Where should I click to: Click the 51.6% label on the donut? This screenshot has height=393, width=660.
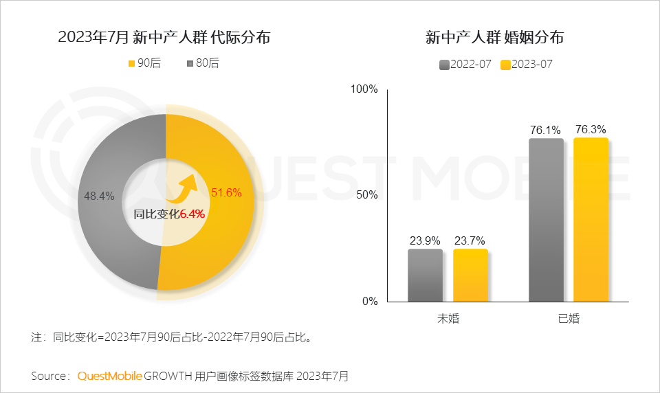(226, 192)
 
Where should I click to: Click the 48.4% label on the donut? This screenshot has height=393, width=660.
(99, 196)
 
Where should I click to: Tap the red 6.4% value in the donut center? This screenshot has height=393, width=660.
(192, 214)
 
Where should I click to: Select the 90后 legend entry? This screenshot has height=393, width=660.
(144, 63)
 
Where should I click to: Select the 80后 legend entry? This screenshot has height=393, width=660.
(203, 63)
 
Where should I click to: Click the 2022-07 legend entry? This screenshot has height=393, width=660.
(465, 65)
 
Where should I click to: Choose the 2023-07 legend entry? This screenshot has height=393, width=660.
(527, 65)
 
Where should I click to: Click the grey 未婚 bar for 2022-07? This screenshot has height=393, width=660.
(425, 276)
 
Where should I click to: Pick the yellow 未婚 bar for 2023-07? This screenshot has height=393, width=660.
(470, 276)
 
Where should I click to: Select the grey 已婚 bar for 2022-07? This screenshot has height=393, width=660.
(546, 220)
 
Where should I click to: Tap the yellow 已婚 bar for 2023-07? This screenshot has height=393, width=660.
(591, 220)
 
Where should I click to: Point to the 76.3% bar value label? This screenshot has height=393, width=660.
(591, 129)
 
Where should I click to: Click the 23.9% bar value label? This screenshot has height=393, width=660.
(425, 240)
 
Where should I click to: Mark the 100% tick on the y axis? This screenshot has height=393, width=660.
(364, 89)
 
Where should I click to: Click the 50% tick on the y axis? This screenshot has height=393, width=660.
(367, 195)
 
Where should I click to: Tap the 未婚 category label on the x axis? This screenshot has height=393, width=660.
(448, 319)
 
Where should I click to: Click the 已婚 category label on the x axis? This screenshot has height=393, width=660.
(569, 319)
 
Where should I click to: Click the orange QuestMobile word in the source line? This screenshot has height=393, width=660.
(110, 376)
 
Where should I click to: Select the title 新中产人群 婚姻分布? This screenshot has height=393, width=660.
(495, 38)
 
